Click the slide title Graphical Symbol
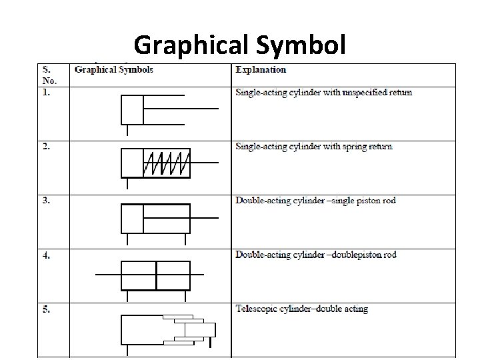click(x=239, y=45)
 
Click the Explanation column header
click(x=261, y=69)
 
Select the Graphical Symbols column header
click(x=114, y=69)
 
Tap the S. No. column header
click(x=49, y=73)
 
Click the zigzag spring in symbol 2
click(x=167, y=163)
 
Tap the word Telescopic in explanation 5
click(x=257, y=309)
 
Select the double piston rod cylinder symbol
click(x=157, y=275)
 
